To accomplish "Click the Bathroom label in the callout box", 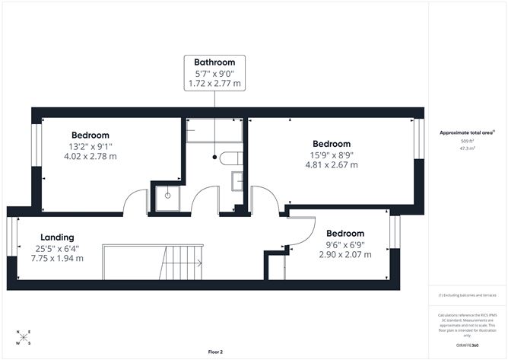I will pos(214,62).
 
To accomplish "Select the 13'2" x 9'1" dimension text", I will pos(90,146).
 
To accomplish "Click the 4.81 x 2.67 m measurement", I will pos(331,164).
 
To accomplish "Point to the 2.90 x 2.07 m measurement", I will pos(344,254).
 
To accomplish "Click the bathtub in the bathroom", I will pos(214,130).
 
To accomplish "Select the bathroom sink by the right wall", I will pos(237,183).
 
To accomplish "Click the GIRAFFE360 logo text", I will pos(468,345).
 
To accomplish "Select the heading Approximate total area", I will pos(467,132).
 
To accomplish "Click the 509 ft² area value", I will pos(467,142).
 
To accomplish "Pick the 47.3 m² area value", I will pos(467,149).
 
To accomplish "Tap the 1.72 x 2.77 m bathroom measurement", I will pos(214,81).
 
